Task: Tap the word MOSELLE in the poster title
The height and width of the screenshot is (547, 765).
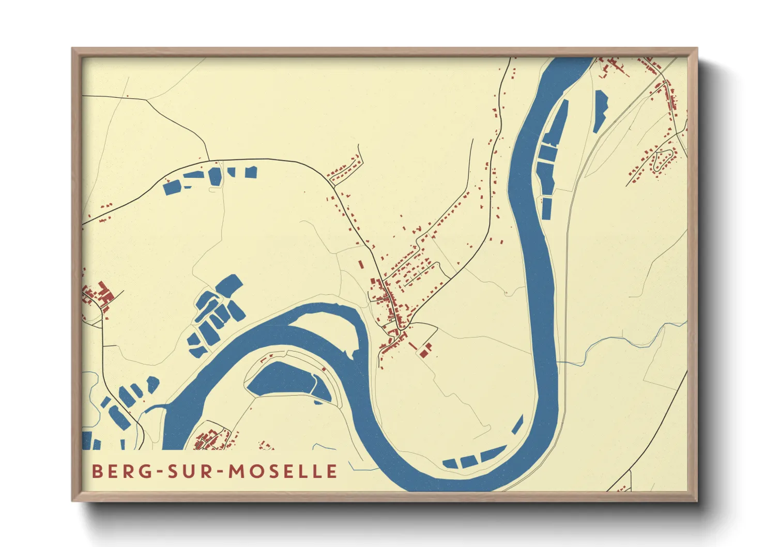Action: tap(283, 471)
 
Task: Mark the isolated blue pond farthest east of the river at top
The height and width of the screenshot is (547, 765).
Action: tap(600, 110)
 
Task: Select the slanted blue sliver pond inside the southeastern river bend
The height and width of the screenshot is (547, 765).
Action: tap(517, 424)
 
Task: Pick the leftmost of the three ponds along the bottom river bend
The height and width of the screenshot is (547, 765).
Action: tap(450, 463)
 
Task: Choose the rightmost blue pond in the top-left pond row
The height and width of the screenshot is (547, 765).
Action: tap(251, 172)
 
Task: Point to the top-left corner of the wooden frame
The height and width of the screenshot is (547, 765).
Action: tap(73, 50)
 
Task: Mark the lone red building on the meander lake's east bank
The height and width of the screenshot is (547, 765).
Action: tap(324, 369)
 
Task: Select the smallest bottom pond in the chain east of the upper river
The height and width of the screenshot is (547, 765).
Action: tap(546, 208)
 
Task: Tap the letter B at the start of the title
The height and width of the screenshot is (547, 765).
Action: tap(97, 471)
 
